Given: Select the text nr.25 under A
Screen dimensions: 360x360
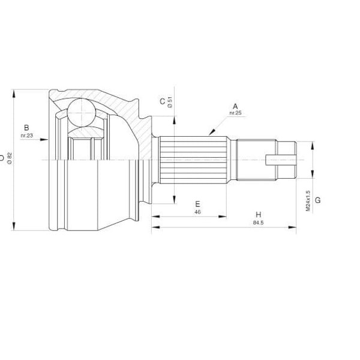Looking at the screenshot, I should pyautogui.click(x=235, y=113).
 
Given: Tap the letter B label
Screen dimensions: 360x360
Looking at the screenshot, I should pyautogui.click(x=26, y=127).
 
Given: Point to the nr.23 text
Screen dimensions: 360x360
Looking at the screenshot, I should pyautogui.click(x=26, y=136).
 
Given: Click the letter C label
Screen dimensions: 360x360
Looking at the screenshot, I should pyautogui.click(x=162, y=101).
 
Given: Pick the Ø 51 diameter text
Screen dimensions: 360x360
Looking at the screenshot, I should pyautogui.click(x=170, y=102).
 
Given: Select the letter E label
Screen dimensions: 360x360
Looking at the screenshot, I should pyautogui.click(x=197, y=204).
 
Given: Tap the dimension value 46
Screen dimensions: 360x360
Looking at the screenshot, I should pyautogui.click(x=197, y=212).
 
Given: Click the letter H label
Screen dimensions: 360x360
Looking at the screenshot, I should pyautogui.click(x=258, y=215).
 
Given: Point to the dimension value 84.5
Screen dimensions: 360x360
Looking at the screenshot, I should pyautogui.click(x=258, y=223).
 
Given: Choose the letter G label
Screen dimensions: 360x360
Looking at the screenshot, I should pyautogui.click(x=318, y=200).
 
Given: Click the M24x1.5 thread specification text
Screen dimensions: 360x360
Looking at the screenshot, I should pyautogui.click(x=308, y=200).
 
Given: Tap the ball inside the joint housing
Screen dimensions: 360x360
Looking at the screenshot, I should pyautogui.click(x=81, y=112).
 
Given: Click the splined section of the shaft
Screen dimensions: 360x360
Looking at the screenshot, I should pyautogui.click(x=195, y=160).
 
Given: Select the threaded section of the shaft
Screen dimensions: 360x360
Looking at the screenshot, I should pyautogui.click(x=256, y=160).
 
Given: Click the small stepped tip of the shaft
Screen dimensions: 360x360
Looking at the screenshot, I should pyautogui.click(x=290, y=160).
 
